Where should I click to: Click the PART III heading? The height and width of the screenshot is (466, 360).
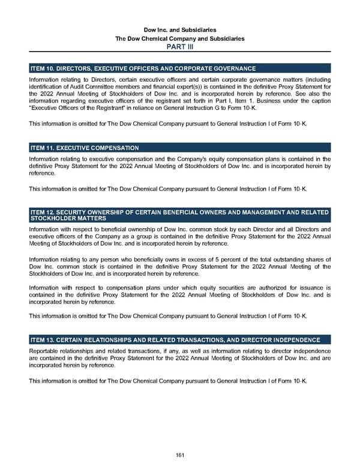click(x=180, y=46)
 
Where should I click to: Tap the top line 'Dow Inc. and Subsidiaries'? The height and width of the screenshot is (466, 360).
click(x=180, y=29)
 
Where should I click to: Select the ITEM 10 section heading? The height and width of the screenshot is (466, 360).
click(x=143, y=69)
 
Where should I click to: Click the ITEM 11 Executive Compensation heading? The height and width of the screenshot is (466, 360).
click(x=85, y=148)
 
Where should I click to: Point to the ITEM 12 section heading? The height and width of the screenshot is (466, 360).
click(x=179, y=215)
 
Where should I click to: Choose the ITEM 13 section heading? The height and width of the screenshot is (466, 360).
click(x=175, y=340)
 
